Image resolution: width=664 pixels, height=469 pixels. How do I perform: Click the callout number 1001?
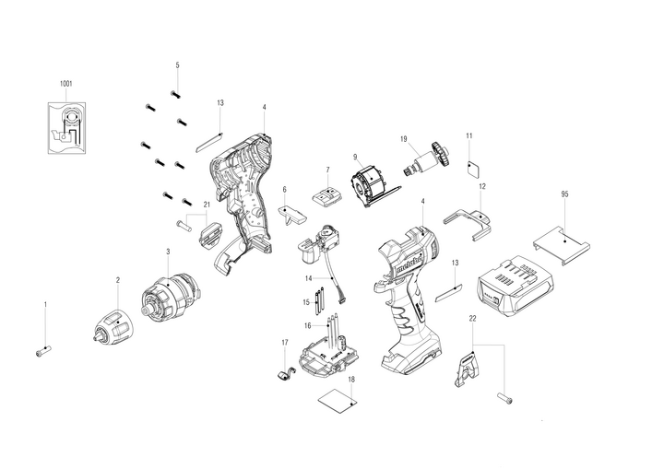pyautogui.click(x=65, y=84)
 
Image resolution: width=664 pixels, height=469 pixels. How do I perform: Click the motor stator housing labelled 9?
pyautogui.click(x=368, y=179)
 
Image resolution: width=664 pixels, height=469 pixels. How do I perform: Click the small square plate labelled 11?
pyautogui.click(x=473, y=168)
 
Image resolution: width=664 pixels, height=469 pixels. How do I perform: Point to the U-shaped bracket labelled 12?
pyautogui.click(x=470, y=223)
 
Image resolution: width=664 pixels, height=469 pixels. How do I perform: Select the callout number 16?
pyautogui.click(x=307, y=326)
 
